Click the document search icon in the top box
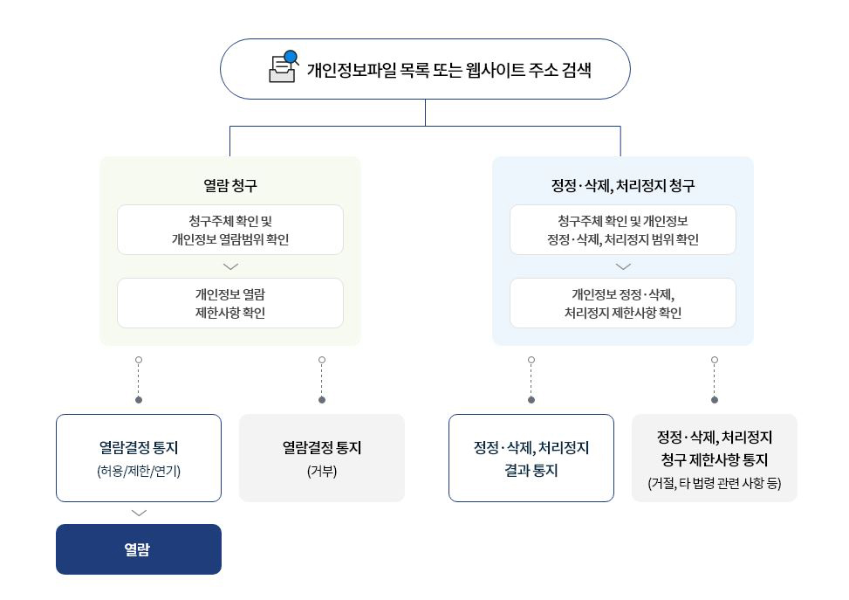point(284,67)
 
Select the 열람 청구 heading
point(230,185)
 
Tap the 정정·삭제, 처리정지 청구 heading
point(623,185)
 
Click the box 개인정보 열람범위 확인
point(230,230)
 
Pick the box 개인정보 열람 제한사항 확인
point(230,303)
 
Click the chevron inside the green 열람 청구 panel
point(230,266)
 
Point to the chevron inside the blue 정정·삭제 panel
point(623,266)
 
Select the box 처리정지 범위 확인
point(623,230)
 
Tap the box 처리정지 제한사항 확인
point(623,303)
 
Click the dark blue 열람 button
point(139,549)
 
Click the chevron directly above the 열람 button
point(139,514)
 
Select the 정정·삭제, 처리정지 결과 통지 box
point(531,459)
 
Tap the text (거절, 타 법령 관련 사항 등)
point(715,482)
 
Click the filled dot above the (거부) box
point(322,400)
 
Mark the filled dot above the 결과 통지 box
point(531,400)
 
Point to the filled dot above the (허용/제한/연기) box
point(139,400)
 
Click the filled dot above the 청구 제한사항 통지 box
point(715,400)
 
